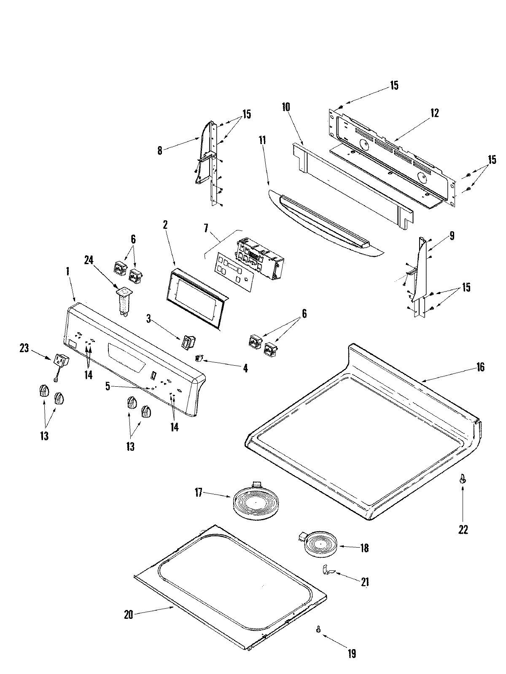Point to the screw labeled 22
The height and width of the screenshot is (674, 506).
coord(463,478)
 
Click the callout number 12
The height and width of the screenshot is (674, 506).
coord(434,113)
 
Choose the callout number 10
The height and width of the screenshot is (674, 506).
coord(285,107)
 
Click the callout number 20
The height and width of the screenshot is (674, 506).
coord(128,615)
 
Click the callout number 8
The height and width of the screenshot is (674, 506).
coord(160,150)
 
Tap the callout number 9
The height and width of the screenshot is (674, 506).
coord(452,236)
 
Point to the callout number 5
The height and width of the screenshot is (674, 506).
coord(108,386)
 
